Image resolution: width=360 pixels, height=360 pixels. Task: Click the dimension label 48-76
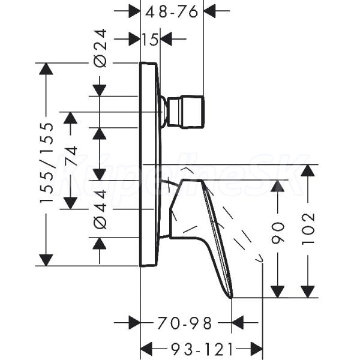pos(172,11)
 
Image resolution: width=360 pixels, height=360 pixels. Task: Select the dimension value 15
pos(150,39)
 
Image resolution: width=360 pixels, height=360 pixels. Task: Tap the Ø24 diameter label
pos(101,48)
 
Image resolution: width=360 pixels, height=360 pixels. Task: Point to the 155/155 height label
pos(47,163)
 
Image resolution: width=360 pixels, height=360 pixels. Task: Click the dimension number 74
pos(71,155)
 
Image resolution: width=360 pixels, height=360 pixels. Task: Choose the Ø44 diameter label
pos(101,209)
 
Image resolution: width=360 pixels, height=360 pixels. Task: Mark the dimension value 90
pos(278,233)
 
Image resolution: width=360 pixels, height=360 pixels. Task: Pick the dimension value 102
pos(308,229)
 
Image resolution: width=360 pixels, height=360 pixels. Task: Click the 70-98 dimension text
pos(184,323)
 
